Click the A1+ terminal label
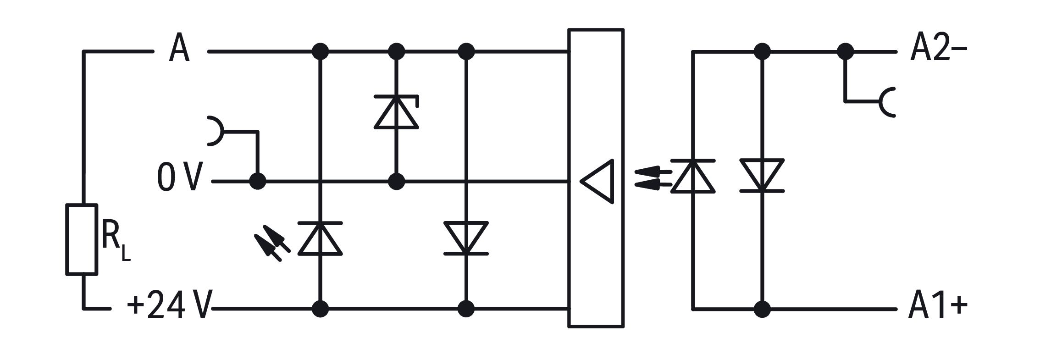click(x=938, y=305)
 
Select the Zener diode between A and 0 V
click(x=397, y=112)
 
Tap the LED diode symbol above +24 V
click(x=320, y=238)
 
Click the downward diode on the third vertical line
click(x=466, y=238)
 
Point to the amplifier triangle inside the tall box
click(x=597, y=181)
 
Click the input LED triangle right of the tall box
click(x=693, y=176)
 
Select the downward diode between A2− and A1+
click(x=762, y=176)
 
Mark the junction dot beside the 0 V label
click(x=258, y=182)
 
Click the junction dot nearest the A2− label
click(x=846, y=52)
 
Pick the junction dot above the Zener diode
click(x=397, y=52)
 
